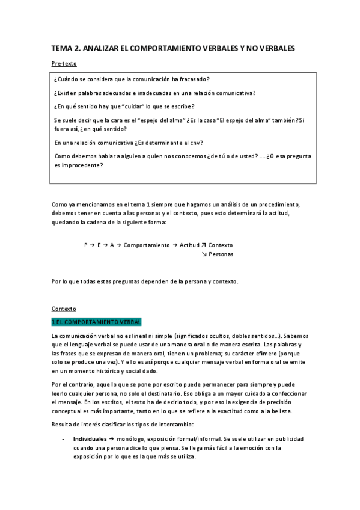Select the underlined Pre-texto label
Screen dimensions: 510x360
coord(64,63)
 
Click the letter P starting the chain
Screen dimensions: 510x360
coord(86,245)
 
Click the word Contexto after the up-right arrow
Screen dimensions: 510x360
coord(221,245)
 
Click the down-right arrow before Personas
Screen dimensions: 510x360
coord(203,254)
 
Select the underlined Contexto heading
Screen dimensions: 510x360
coord(64,309)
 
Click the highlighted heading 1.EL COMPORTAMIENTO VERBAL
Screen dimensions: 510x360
coord(96,322)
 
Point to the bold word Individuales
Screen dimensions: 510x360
coord(90,438)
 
